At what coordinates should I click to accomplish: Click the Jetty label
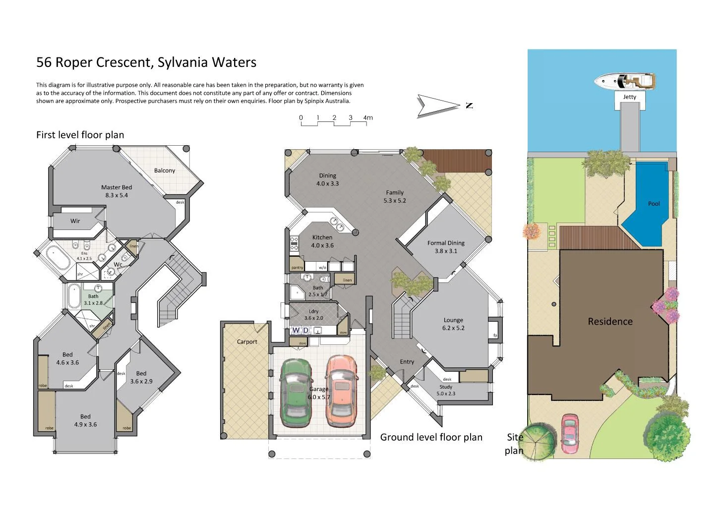[629, 97]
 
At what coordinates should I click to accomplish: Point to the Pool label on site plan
[654, 204]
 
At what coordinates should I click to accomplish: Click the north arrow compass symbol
[439, 106]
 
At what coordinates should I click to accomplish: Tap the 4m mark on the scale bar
[367, 118]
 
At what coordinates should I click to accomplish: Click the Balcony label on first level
[164, 171]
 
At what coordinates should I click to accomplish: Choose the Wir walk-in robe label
[75, 221]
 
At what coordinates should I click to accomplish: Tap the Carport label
[247, 341]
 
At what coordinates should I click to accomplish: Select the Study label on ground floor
[446, 387]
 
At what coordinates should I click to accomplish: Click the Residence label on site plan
[610, 322]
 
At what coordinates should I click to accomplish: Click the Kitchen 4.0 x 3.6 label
[322, 241]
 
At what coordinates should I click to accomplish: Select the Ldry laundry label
[313, 312]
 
